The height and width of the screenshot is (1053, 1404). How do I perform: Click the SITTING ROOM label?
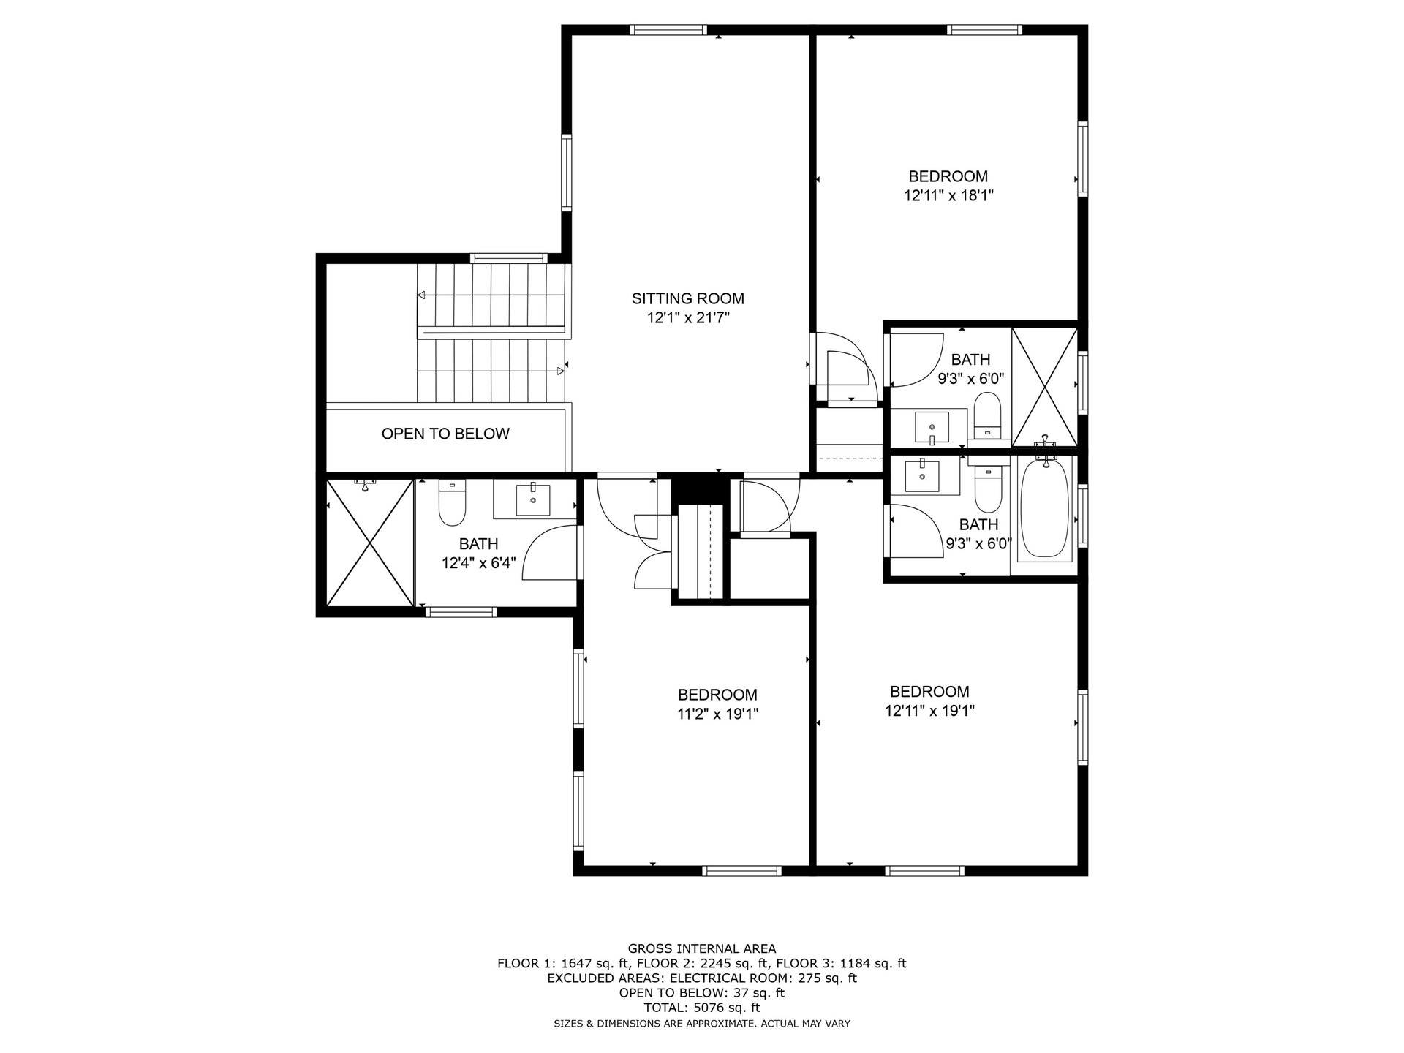tap(687, 298)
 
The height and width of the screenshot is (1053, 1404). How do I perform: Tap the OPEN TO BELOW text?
tap(445, 434)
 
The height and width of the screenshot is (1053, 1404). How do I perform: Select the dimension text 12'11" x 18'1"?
tap(948, 196)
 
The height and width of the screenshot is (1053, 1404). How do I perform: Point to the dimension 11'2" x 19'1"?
tap(717, 714)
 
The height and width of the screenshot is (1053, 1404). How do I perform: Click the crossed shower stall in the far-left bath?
tap(370, 543)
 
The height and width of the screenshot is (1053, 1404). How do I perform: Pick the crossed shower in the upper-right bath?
tap(1044, 387)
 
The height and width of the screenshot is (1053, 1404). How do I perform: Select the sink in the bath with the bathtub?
tap(922, 475)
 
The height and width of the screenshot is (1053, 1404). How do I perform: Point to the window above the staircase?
tap(508, 257)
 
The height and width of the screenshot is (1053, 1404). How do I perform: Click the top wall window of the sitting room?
tap(668, 30)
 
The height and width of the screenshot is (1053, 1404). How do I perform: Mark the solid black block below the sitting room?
tap(700, 488)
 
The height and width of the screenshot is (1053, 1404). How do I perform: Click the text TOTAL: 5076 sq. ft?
tap(701, 1008)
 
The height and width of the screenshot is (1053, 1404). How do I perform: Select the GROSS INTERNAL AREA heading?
tap(702, 948)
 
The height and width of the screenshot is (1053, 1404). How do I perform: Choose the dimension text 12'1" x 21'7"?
tap(688, 318)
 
